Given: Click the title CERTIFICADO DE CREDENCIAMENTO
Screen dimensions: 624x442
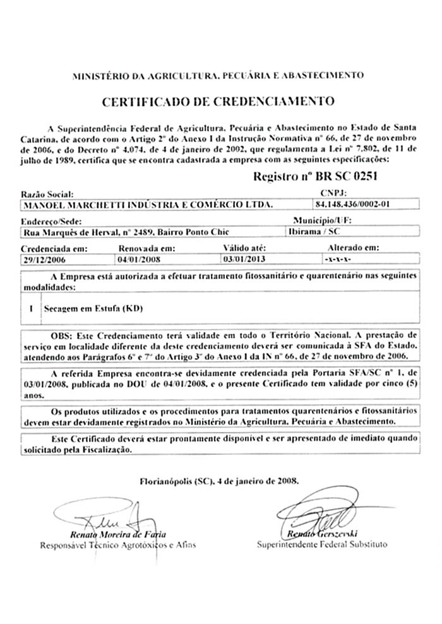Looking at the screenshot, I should [x=217, y=100].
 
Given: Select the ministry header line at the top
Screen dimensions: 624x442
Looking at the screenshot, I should [x=218, y=75].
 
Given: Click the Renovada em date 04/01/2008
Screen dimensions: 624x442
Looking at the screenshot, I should [x=140, y=259].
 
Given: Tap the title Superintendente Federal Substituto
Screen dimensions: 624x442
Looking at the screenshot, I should [x=322, y=544].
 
